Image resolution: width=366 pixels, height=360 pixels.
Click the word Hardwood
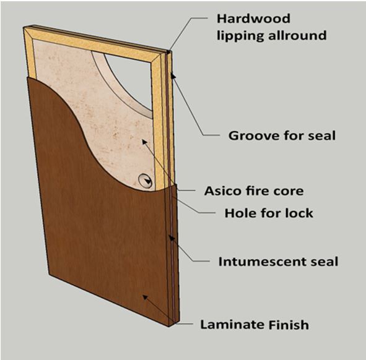point(253,19)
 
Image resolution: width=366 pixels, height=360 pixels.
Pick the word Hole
point(240,213)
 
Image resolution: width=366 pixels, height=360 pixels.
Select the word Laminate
point(232,325)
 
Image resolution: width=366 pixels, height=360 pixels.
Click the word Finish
point(289,325)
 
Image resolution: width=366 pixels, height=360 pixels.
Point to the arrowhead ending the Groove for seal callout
point(173,76)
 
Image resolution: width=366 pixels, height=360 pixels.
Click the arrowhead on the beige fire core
point(145,142)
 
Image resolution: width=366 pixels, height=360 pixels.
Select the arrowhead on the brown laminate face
point(145,298)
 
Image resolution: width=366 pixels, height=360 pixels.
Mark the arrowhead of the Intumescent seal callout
point(172,238)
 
